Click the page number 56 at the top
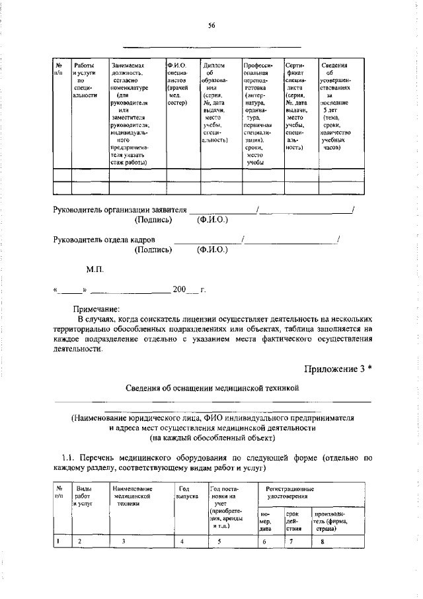point(211,25)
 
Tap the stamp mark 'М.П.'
point(95,270)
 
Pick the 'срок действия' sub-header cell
point(294,521)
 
